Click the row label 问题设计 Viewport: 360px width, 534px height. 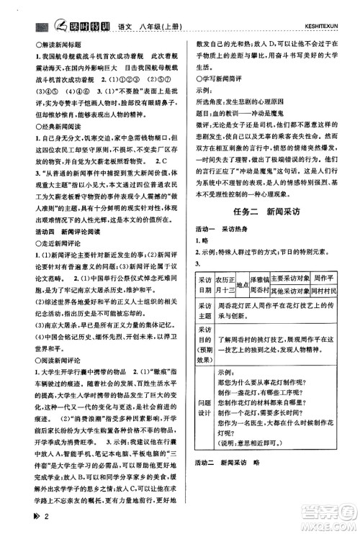point(204,403)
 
